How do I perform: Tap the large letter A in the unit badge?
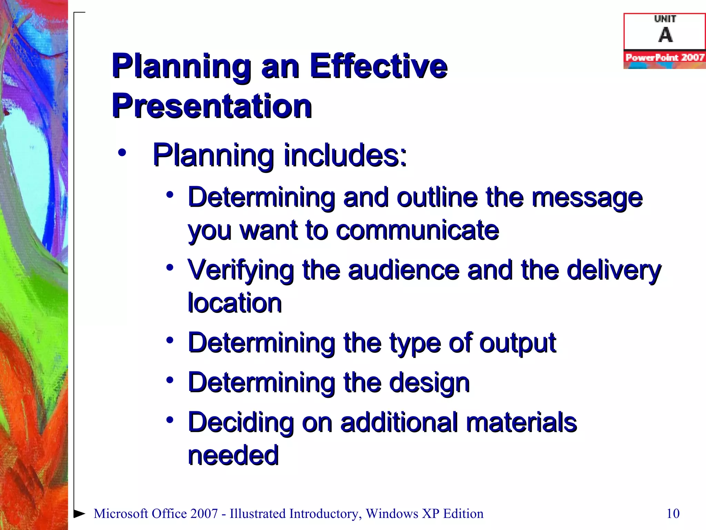point(665,35)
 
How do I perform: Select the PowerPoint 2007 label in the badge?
point(665,57)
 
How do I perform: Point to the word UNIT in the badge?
point(665,19)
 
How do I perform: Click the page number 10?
point(673,513)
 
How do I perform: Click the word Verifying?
point(241,271)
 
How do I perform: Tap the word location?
point(235,303)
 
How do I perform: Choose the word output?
point(518,343)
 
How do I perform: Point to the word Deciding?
point(241,423)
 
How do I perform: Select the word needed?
point(233,455)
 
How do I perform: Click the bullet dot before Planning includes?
point(122,152)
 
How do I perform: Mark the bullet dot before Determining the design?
point(170,380)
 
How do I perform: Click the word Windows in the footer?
point(392,513)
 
